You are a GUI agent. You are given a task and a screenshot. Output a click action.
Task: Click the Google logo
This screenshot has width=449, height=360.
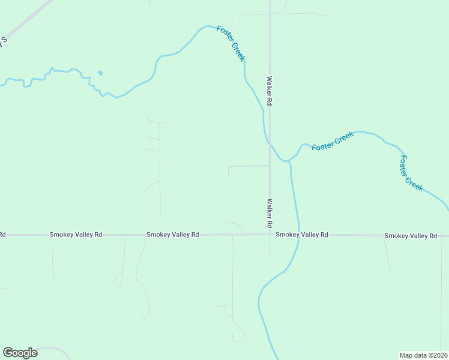pos(20,353)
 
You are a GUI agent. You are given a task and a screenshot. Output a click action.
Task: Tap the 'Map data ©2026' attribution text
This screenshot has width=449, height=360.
pos(423,355)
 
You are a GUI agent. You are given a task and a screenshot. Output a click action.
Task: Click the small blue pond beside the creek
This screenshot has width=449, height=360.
pos(100,73)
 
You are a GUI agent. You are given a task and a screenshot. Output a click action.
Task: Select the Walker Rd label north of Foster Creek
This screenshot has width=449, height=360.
pos(270,91)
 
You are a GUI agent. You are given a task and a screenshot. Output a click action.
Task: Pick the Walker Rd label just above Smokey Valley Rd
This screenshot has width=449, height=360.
pos(270,213)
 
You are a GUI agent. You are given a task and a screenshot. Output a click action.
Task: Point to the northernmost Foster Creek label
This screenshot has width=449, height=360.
pos(231,43)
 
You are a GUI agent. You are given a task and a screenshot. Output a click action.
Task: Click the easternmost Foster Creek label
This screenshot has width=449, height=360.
pos(412,173)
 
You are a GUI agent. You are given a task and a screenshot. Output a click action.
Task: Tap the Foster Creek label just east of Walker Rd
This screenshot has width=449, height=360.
pos(333,141)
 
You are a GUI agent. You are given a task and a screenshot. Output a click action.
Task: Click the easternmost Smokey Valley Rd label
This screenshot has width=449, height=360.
pos(411,236)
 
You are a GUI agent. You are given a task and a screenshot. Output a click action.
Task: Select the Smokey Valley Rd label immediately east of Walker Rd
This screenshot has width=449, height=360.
pos(302,235)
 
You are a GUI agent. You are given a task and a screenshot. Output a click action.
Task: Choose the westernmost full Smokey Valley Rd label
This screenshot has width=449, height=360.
pos(76,235)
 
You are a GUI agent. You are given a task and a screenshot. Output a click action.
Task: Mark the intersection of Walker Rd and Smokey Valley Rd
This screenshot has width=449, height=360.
pos(270,235)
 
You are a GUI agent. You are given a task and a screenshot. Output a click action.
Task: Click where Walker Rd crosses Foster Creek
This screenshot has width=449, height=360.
pos(270,145)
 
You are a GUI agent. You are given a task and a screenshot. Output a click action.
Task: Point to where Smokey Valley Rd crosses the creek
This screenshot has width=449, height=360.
pos(298,235)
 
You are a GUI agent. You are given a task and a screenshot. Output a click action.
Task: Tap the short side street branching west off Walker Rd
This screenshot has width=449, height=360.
pos(248,166)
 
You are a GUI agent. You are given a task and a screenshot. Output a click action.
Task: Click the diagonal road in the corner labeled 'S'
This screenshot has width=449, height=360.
pos(27,18)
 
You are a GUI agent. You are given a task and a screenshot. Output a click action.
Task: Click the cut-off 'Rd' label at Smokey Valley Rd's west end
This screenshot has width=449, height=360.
pos(2,235)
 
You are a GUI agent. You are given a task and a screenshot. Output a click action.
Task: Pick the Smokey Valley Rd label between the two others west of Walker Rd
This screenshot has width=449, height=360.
pos(172,235)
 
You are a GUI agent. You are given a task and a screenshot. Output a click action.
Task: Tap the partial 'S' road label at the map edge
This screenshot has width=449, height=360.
pos(3,40)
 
